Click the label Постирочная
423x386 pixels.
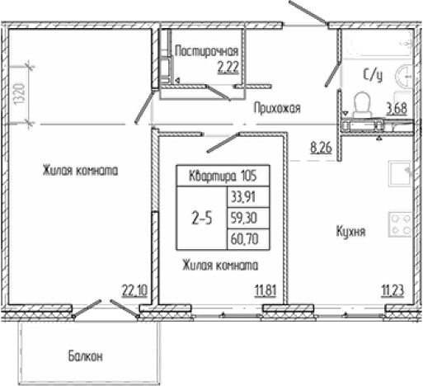pyautogui.click(x=206, y=52)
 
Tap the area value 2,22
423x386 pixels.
pyautogui.click(x=228, y=68)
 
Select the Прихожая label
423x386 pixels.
pyautogui.click(x=275, y=107)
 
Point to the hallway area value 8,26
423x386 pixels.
pyautogui.click(x=322, y=148)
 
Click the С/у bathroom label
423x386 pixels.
pyautogui.click(x=373, y=77)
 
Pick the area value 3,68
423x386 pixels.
pyautogui.click(x=397, y=106)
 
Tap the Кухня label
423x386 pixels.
pyautogui.click(x=350, y=232)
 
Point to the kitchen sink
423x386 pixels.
pyautogui.click(x=401, y=175)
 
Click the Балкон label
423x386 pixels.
pyautogui.click(x=86, y=357)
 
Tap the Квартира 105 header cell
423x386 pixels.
pyautogui.click(x=218, y=176)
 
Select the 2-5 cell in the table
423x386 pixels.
pyautogui.click(x=200, y=219)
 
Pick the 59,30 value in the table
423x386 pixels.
pyautogui.click(x=242, y=219)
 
